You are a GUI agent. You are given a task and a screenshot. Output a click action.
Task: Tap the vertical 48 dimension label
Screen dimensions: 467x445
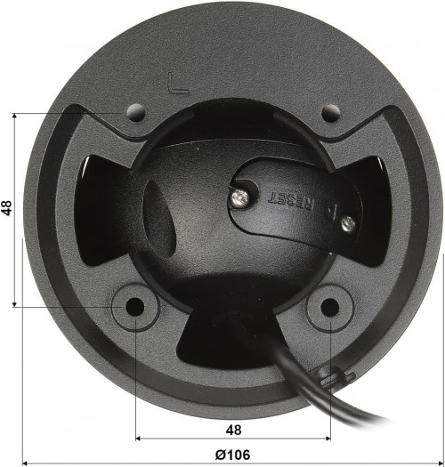coord(7,208)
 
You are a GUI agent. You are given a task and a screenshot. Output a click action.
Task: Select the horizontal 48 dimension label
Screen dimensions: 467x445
coord(232,429)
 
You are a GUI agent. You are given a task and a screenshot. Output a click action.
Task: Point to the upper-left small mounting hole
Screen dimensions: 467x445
coord(135,113)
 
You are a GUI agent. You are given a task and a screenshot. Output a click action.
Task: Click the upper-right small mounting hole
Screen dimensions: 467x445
coord(330,114)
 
